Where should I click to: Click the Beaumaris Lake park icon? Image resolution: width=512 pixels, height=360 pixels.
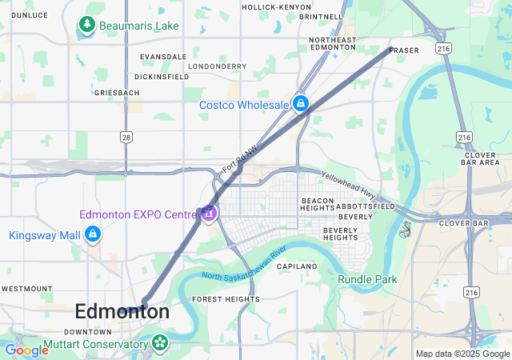(86, 26)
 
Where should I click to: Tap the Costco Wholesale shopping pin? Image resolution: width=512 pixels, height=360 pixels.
(301, 104)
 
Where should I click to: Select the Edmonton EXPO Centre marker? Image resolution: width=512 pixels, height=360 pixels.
(208, 214)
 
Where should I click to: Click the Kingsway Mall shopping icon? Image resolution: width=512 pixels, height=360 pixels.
(93, 234)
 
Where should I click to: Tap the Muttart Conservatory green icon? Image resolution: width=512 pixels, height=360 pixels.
(160, 343)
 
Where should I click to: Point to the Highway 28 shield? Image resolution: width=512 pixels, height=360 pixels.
(126, 138)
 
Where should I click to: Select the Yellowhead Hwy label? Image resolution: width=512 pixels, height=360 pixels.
(348, 185)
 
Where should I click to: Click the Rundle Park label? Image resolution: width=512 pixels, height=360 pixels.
(367, 278)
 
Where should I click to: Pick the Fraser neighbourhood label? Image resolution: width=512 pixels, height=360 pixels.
(403, 50)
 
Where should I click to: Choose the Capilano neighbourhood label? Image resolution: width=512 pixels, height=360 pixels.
(297, 266)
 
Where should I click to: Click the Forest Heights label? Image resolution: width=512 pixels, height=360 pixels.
(226, 299)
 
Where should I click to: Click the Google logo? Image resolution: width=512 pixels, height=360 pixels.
(26, 350)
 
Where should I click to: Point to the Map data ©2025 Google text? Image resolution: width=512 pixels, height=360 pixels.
(462, 354)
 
